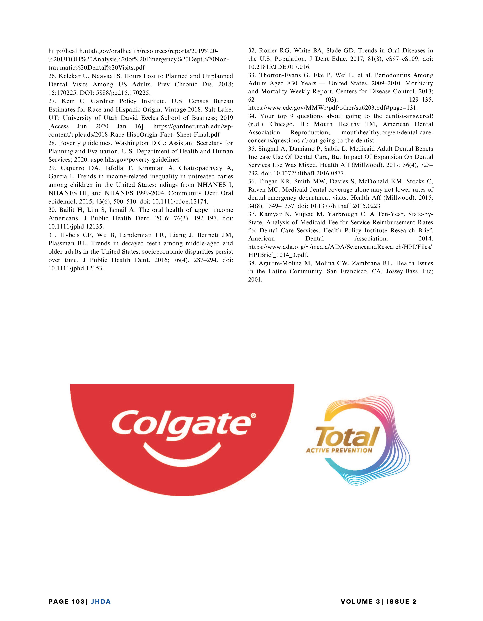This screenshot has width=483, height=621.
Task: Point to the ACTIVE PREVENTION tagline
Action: (x=339, y=450)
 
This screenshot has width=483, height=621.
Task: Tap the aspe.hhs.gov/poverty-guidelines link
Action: (x=135, y=160)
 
